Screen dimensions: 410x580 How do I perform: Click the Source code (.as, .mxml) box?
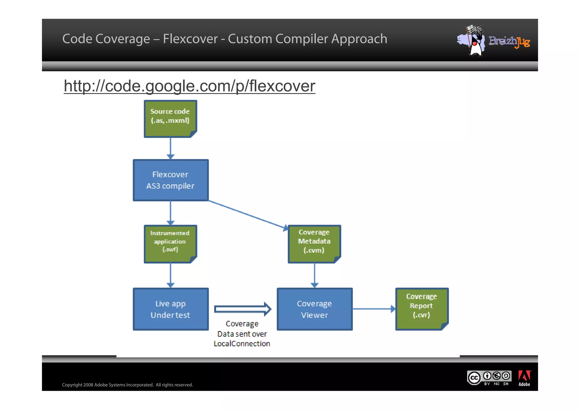point(170,119)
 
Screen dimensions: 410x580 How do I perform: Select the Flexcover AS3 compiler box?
point(170,180)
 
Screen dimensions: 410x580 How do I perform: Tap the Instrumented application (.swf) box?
point(170,244)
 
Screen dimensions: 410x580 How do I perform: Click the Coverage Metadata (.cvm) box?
point(314,244)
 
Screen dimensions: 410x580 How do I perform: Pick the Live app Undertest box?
point(170,309)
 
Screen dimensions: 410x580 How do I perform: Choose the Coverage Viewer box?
point(314,309)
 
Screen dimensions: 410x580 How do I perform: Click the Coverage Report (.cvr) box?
point(421,308)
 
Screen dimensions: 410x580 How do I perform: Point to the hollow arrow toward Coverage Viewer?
point(242,309)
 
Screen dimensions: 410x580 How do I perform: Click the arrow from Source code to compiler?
point(170,148)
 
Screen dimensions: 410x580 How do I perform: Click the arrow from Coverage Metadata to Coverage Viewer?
point(314,275)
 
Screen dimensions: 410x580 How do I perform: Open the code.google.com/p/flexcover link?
point(189,86)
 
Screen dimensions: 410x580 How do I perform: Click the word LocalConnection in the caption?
point(242,343)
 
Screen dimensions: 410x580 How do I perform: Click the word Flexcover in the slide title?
point(190,39)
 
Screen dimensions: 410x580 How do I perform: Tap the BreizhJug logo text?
point(509,41)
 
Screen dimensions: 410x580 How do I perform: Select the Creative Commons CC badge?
point(474,378)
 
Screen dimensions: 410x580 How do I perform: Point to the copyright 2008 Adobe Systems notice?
point(127,385)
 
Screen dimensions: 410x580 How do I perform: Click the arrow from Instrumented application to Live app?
point(170,275)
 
